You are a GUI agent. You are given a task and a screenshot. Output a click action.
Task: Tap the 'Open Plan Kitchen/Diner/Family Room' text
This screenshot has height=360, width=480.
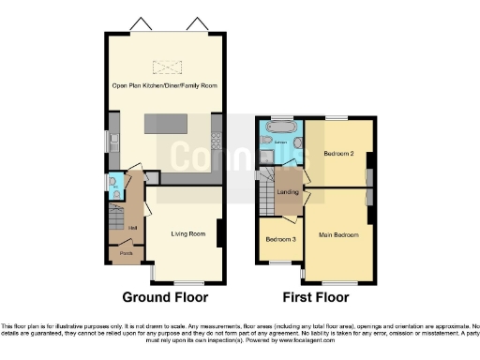(164, 85)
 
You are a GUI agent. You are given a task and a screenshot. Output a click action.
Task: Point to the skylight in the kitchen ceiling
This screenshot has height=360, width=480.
(166, 67)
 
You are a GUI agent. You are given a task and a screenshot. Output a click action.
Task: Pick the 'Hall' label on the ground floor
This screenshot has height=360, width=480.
(133, 228)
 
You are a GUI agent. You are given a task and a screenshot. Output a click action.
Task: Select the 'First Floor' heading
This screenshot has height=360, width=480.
(316, 297)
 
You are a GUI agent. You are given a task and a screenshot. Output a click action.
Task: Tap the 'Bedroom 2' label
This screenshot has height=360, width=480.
(338, 153)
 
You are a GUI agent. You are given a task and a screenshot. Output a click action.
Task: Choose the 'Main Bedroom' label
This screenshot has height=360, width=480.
(338, 234)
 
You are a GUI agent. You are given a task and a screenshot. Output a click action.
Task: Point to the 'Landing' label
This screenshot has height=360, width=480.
(288, 193)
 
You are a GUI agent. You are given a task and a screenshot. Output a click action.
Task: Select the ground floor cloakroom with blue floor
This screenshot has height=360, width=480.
(114, 188)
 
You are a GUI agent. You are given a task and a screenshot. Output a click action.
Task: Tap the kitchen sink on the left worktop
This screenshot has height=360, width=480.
(112, 143)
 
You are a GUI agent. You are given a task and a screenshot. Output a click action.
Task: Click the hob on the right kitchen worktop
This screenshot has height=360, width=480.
(217, 142)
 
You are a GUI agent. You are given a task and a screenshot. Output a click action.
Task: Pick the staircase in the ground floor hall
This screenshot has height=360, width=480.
(116, 223)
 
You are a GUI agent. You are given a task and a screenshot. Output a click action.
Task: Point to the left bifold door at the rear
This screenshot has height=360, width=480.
(141, 23)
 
